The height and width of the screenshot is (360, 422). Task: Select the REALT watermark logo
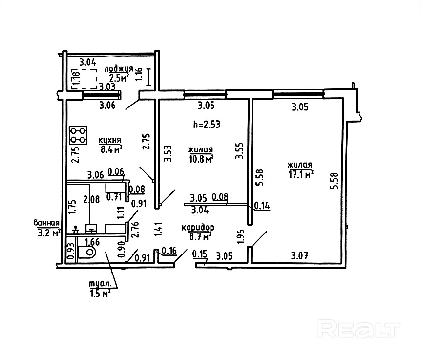[x=359, y=328]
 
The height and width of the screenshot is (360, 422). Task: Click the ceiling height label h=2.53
[x=207, y=124]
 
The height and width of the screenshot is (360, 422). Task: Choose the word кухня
[x=110, y=141]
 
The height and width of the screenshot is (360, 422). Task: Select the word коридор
[x=198, y=228]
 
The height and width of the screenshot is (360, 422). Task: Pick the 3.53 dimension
[x=168, y=153]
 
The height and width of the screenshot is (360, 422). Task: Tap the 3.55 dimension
[x=239, y=151]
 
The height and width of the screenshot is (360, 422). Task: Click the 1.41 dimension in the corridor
[x=157, y=229]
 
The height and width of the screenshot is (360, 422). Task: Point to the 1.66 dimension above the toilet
[x=93, y=241]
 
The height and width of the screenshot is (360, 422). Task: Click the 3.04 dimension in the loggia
[x=87, y=62]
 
